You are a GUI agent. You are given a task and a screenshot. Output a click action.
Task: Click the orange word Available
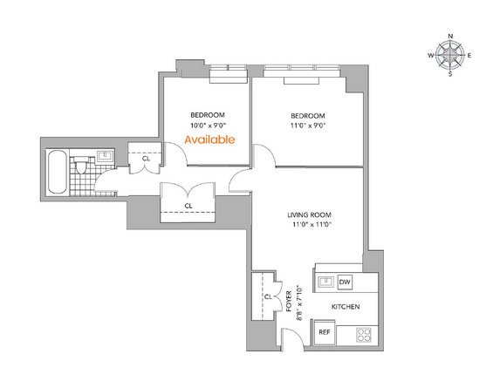209,139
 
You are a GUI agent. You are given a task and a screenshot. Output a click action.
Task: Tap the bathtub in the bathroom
57,172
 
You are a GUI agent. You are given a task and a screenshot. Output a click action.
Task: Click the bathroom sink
105,156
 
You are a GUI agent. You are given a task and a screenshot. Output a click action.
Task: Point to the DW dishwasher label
345,282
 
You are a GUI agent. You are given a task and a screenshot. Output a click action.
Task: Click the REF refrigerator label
325,332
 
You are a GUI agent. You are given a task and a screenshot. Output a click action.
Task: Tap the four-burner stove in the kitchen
364,335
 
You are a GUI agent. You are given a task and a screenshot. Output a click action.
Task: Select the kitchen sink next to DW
325,282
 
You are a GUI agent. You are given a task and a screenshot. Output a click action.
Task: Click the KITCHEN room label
346,307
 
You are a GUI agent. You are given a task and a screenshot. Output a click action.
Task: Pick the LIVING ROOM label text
310,215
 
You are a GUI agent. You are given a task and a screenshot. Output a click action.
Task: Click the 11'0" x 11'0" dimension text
312,225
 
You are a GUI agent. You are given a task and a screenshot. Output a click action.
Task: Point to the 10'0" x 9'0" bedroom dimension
209,126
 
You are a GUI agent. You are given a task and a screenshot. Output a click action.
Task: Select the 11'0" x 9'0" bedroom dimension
308,126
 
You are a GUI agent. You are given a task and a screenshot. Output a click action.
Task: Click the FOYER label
289,301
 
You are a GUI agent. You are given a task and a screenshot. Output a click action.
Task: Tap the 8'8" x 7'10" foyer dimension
299,303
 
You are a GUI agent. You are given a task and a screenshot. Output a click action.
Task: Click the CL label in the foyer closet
268,296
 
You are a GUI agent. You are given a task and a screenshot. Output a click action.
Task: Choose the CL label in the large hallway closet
188,206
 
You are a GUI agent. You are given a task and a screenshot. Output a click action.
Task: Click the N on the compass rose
450,36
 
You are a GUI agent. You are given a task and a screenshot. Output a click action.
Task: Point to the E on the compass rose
469,56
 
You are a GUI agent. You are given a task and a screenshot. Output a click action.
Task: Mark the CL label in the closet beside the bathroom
146,159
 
